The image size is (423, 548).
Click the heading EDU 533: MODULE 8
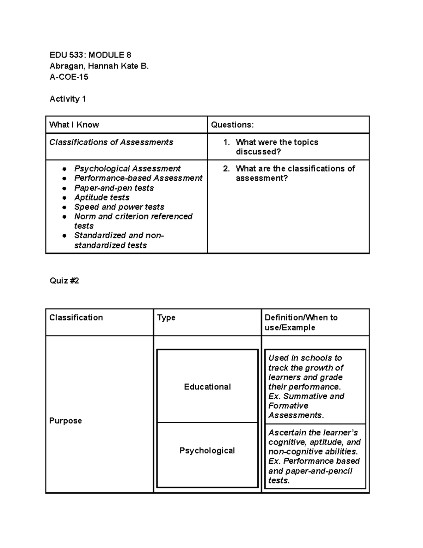pyautogui.click(x=90, y=55)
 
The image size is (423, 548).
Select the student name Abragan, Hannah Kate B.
pyautogui.click(x=99, y=66)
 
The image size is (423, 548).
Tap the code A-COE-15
pyautogui.click(x=69, y=77)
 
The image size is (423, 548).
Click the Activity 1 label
pyautogui.click(x=68, y=99)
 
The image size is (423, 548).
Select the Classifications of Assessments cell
pyautogui.click(x=111, y=142)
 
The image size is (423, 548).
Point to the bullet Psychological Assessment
pyautogui.click(x=127, y=169)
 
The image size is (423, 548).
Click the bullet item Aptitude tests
pyautogui.click(x=102, y=198)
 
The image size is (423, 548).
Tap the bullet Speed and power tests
pyautogui.click(x=119, y=207)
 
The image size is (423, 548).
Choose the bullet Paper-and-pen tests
pyautogui.click(x=114, y=188)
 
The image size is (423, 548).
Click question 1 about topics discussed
pyautogui.click(x=277, y=147)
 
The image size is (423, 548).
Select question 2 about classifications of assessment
pyautogui.click(x=295, y=173)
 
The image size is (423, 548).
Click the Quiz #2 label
pyautogui.click(x=64, y=281)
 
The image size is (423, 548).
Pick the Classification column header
pyautogui.click(x=76, y=318)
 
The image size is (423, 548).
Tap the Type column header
pyautogui.click(x=166, y=318)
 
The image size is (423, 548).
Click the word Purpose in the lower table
pyautogui.click(x=66, y=421)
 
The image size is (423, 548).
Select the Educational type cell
pyautogui.click(x=207, y=387)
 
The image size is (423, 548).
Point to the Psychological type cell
pyautogui.click(x=207, y=451)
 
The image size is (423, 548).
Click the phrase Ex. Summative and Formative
pyautogui.click(x=306, y=401)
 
